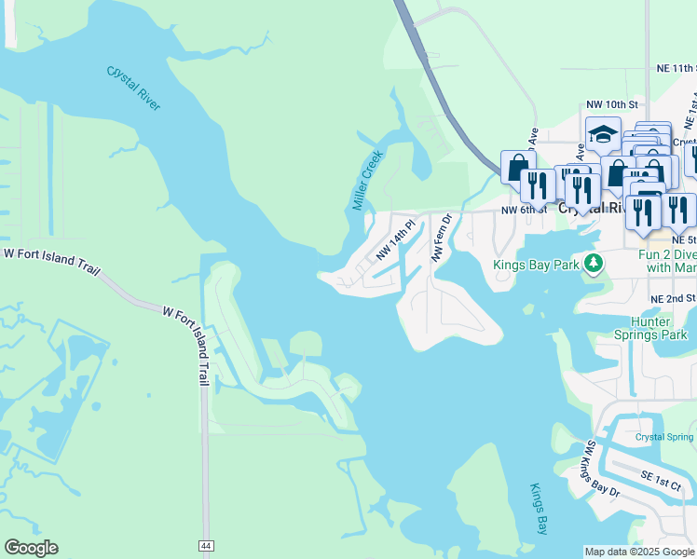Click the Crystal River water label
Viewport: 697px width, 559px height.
click(x=134, y=89)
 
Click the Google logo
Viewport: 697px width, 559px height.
click(x=31, y=548)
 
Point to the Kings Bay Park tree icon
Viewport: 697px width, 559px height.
click(x=592, y=264)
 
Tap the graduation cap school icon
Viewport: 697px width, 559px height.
click(x=603, y=134)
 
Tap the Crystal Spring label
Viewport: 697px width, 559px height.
click(x=664, y=437)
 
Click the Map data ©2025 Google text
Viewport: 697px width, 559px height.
click(x=638, y=552)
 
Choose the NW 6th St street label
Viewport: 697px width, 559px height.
click(x=522, y=211)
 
